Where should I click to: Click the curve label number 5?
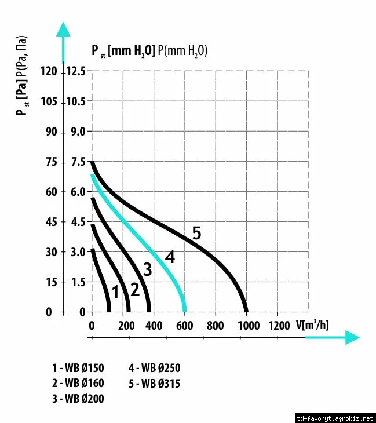196,234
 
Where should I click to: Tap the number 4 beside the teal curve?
169,257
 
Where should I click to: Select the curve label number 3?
148,269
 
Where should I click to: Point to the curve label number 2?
134,289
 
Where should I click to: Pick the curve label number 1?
115,292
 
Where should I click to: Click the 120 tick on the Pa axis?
50,71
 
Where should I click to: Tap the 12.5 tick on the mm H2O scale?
75,71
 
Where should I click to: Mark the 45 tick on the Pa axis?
53,222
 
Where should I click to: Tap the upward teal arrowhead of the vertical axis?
63,29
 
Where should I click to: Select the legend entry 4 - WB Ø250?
155,367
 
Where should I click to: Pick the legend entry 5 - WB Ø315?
155,383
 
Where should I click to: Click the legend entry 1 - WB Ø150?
78,367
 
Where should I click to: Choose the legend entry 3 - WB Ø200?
78,399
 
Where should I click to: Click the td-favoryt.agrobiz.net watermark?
335,417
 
